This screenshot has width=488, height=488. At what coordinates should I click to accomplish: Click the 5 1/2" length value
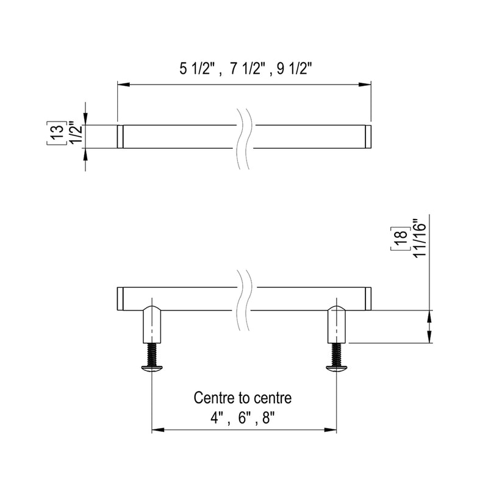point(198,69)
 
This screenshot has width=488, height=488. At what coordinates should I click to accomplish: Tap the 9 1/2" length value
point(294,69)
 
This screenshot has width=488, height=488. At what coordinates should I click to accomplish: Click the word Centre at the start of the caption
point(212,398)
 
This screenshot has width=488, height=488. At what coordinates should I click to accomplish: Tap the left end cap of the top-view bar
point(120,137)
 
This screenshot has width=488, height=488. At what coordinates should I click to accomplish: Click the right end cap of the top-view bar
point(368,137)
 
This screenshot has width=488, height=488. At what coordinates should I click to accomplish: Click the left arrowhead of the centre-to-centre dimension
point(157,431)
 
